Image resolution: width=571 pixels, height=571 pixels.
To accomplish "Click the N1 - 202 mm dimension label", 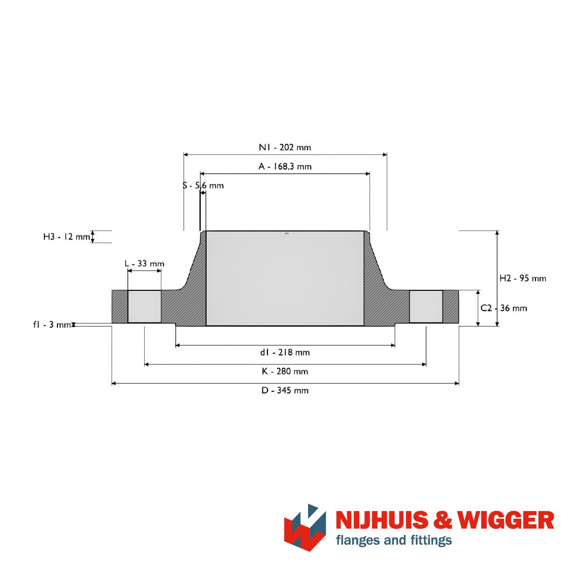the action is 285,148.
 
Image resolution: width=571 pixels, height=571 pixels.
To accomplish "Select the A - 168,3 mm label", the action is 285,166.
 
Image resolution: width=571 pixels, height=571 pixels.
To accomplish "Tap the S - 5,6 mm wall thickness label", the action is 203,185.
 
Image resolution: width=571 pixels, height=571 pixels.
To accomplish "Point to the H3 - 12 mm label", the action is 66,237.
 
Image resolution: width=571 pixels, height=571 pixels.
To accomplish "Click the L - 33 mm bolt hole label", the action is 144,263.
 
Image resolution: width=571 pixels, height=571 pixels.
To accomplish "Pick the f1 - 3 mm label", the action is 52,324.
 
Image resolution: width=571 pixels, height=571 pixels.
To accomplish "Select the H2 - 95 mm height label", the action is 523,278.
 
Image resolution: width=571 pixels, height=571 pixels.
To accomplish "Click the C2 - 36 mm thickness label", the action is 503,308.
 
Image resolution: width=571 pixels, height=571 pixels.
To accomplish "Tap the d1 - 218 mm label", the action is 285,352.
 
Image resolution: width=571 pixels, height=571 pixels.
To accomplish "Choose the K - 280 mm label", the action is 285,371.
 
